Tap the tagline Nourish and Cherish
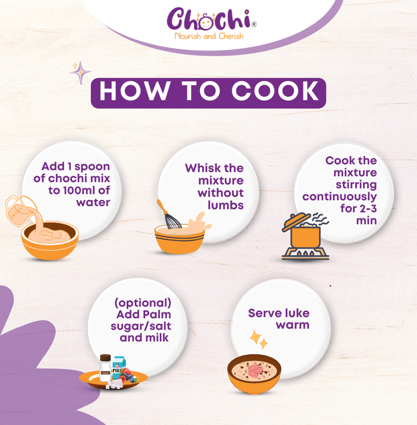[209, 36]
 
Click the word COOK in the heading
[275, 91]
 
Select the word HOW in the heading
[134, 91]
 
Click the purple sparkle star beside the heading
[80, 73]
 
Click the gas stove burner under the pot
[305, 253]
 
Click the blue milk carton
[118, 368]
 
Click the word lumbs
[225, 205]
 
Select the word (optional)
[143, 303]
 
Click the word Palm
[158, 314]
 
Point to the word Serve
[262, 313]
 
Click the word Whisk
[203, 168]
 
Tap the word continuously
[340, 197]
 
